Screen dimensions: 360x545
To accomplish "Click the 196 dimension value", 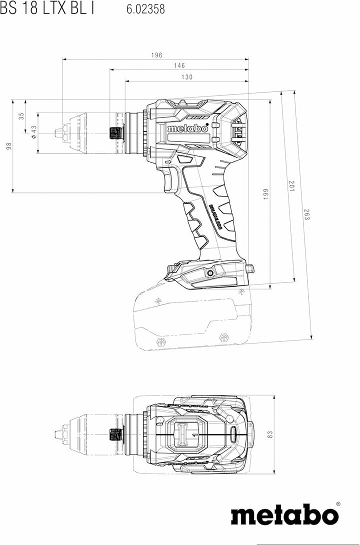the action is pos(156,55).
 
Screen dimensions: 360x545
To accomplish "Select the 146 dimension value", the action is pos(179,65).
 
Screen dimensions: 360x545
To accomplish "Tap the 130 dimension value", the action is pos(187,77).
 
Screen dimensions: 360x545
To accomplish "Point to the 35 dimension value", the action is pos(22,116).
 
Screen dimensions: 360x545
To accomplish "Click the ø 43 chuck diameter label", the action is pos(33,132).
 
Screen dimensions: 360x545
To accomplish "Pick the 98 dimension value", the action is pos(9,146).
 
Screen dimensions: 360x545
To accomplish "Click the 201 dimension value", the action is pos(292,186).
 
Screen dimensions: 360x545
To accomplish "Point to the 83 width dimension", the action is pos(270,434).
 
